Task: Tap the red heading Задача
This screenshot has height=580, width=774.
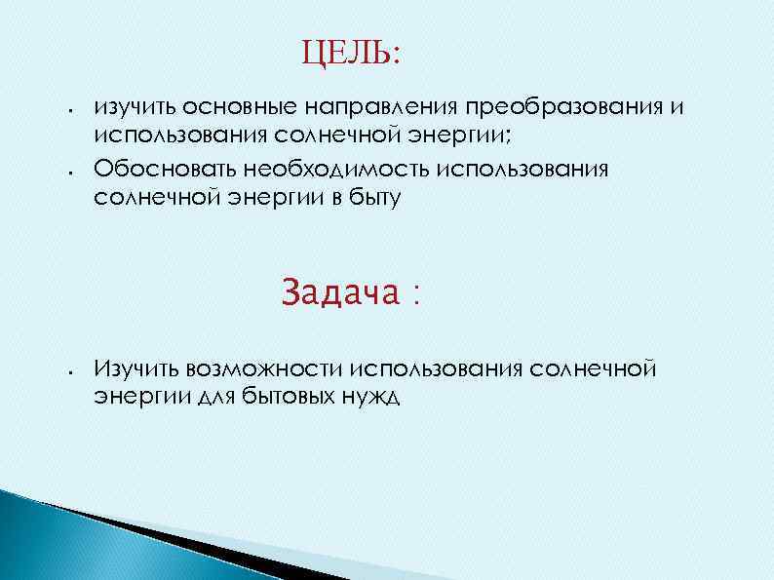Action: click(341, 292)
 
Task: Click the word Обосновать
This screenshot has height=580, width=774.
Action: click(158, 169)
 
